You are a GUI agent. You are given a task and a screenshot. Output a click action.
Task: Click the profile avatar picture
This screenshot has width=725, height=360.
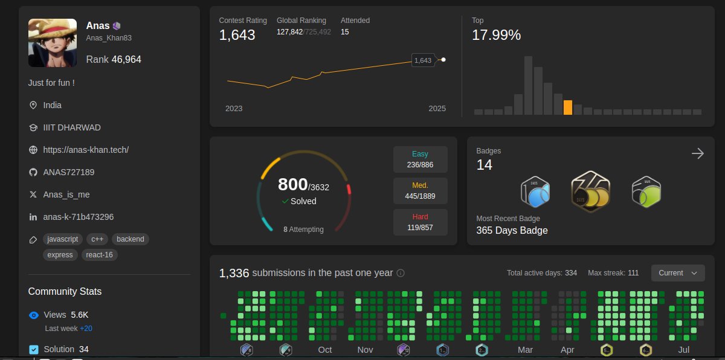click(53, 43)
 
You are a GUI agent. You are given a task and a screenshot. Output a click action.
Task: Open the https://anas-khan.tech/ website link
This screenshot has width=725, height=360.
click(86, 150)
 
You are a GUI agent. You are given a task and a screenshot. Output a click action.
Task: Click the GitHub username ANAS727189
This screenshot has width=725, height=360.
click(69, 172)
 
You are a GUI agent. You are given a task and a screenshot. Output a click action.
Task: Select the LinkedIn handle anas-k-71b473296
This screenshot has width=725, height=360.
click(79, 217)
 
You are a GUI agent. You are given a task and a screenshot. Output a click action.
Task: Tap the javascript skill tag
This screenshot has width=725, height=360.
click(63, 239)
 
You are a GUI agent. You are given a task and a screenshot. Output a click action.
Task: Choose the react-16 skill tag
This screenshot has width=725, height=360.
click(100, 255)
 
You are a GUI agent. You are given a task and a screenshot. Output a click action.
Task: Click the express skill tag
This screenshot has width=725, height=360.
click(60, 255)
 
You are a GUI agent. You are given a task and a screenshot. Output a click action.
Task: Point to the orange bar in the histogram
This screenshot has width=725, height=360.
click(567, 108)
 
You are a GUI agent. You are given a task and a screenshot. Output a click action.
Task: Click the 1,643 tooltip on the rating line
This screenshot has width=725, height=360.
click(422, 60)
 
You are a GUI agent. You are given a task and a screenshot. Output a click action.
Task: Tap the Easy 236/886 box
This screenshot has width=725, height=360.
click(420, 159)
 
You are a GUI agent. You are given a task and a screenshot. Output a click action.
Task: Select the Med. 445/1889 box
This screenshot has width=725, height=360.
click(420, 191)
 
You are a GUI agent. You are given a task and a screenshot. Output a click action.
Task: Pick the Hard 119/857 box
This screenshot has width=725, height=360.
click(420, 222)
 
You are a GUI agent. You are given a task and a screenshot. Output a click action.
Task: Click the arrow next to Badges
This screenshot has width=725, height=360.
click(698, 153)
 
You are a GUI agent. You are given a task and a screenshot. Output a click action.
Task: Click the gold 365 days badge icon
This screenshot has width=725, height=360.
click(590, 191)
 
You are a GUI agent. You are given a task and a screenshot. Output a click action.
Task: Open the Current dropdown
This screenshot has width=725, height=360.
click(678, 273)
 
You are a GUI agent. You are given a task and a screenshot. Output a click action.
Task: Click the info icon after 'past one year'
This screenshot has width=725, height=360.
click(401, 273)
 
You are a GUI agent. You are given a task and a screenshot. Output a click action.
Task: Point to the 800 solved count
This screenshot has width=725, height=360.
click(292, 184)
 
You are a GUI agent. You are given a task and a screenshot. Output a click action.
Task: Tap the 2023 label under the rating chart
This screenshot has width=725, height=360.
click(234, 109)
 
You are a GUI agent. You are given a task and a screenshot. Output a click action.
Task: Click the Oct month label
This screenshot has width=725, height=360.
click(325, 350)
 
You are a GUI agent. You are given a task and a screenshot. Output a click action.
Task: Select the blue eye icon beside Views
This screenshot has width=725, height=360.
click(34, 315)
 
